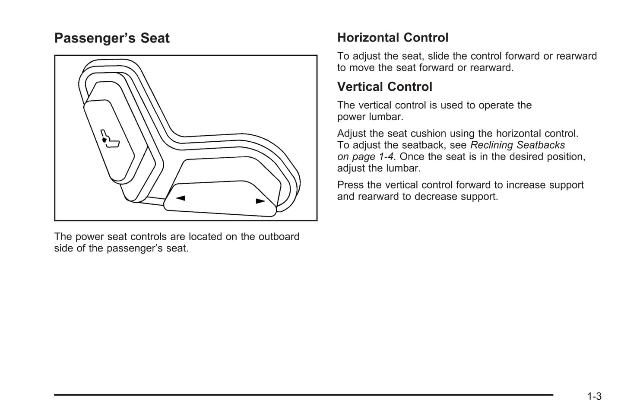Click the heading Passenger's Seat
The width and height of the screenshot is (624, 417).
pos(112,38)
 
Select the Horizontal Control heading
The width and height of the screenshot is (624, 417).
pos(393,38)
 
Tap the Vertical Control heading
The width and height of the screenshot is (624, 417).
pos(384,87)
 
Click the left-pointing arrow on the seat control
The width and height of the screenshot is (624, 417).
pos(181,198)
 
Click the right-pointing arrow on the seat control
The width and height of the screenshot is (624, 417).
pos(260,201)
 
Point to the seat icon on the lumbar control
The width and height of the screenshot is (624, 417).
pos(109,139)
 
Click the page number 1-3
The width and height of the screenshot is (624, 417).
pos(594,396)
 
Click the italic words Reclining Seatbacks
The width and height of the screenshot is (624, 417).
pos(517,145)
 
